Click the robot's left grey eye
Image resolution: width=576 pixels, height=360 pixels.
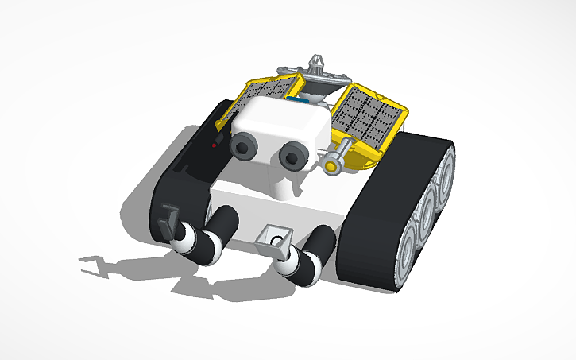click(x=244, y=145)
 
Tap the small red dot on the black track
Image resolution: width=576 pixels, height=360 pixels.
click(x=215, y=145)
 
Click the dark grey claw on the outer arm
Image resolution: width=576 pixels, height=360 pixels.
click(x=168, y=221)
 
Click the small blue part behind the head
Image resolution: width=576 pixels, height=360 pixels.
click(x=304, y=100)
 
